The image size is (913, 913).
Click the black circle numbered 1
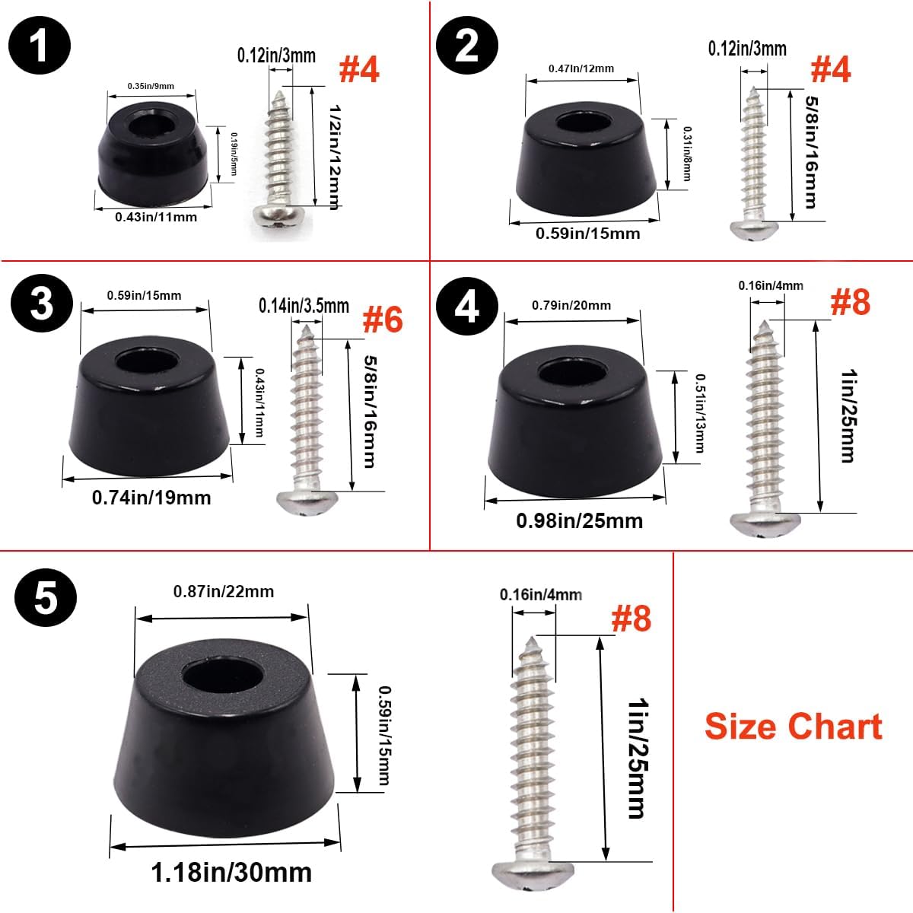(x=40, y=46)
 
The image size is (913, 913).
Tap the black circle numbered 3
(x=42, y=304)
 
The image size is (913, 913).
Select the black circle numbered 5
(x=46, y=597)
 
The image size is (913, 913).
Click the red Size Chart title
(x=793, y=727)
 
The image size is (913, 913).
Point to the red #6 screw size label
(x=383, y=320)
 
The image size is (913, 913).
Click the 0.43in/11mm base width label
(x=156, y=217)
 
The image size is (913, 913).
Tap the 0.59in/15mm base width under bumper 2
(x=587, y=233)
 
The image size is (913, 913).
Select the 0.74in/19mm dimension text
(x=151, y=498)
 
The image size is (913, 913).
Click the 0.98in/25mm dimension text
(x=579, y=520)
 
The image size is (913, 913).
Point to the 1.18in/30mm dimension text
(x=231, y=872)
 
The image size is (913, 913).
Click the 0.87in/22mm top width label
(x=224, y=591)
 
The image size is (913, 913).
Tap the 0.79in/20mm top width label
(x=571, y=305)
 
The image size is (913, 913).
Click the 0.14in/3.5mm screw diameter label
(x=304, y=306)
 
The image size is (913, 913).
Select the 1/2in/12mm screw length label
(x=335, y=157)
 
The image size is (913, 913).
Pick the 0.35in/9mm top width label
(x=151, y=86)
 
